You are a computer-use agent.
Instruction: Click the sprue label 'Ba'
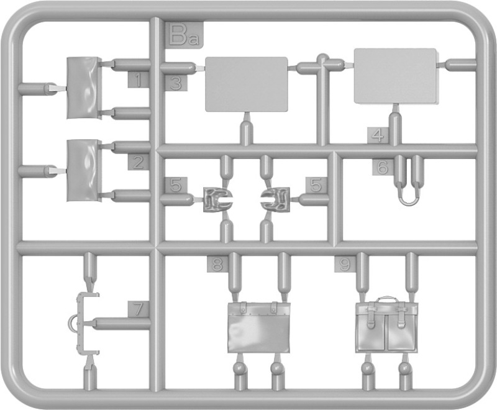tap(184, 35)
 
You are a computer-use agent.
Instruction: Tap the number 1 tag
tap(139, 80)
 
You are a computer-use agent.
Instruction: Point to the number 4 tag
tap(378, 135)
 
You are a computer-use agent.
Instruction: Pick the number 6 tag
tap(383, 166)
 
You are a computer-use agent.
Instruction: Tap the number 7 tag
tap(139, 309)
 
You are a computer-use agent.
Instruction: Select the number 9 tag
tap(345, 264)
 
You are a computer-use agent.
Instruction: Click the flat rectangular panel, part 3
tap(247, 84)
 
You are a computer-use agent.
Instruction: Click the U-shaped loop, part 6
tap(408, 203)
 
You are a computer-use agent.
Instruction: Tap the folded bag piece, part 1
tap(84, 88)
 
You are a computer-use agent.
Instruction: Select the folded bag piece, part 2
tap(84, 170)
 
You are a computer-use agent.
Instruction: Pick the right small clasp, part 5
tap(275, 199)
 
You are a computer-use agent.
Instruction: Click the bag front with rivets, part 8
tap(258, 327)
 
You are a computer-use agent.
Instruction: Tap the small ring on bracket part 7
tap(72, 323)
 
